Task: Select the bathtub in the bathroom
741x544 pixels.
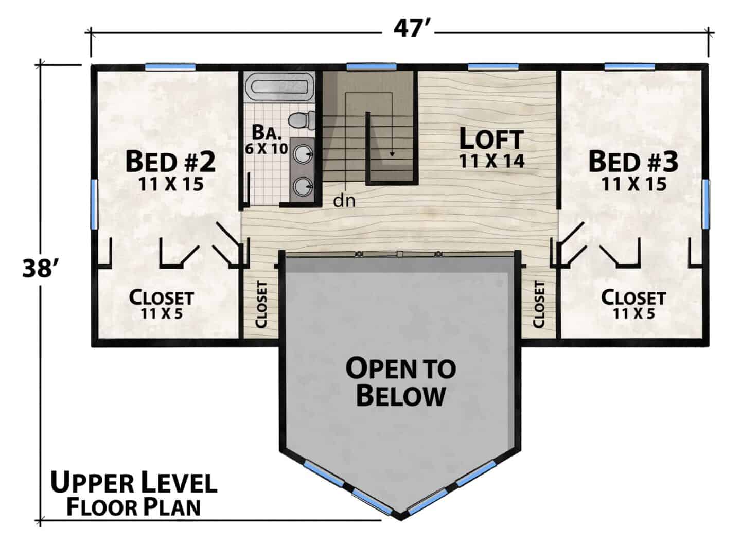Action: pos(279,86)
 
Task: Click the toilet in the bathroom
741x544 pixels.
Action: pos(301,120)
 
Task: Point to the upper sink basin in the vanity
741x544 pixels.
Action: pos(302,154)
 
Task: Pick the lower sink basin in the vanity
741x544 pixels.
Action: pos(302,186)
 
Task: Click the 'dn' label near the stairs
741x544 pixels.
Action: pos(344,201)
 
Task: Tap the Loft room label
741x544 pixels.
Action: pos(491,139)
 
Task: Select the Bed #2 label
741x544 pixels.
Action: pos(170,162)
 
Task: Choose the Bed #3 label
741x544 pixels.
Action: pos(633,162)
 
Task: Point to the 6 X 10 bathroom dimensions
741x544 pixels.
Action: pos(267,149)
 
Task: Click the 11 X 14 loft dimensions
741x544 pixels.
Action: pos(492,161)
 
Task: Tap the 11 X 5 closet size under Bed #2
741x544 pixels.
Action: pos(162,313)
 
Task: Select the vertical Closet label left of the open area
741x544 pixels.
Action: pos(261,305)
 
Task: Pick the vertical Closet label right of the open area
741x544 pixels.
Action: pos(539,305)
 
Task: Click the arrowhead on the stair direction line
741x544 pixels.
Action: pos(392,154)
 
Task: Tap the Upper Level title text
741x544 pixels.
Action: pos(134,483)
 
